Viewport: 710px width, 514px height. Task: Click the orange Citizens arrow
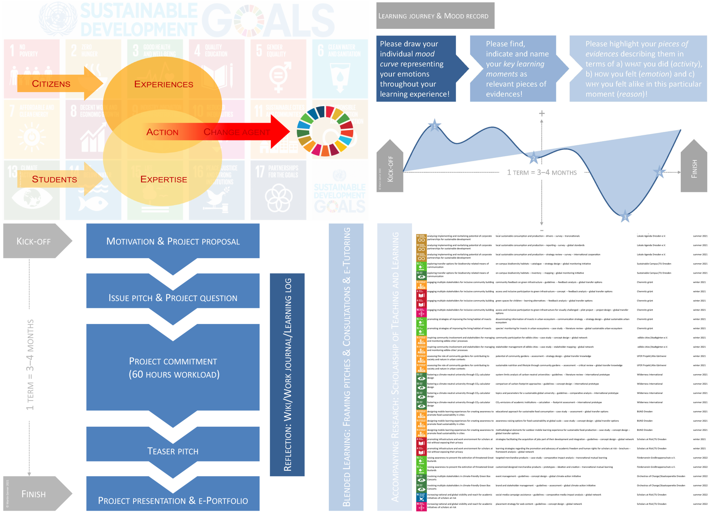[x=52, y=84]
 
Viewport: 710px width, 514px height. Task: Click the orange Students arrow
[x=55, y=179]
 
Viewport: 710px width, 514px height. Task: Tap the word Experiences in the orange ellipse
[x=163, y=84]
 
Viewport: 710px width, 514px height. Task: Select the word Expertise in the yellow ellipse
[x=163, y=179]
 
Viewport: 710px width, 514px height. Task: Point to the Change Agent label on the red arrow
[x=237, y=132]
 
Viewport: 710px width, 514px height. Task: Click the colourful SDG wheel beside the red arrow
[x=325, y=131]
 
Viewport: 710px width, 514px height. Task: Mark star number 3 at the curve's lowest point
[x=625, y=216]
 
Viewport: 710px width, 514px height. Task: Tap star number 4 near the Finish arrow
[x=659, y=172]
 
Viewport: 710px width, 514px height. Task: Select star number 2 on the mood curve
[x=534, y=158]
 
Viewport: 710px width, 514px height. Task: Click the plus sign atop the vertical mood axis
[x=542, y=114]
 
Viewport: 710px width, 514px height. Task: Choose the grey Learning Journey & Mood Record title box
[x=435, y=16]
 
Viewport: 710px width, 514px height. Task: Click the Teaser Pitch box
[x=173, y=451]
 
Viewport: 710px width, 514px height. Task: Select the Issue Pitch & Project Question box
[x=173, y=298]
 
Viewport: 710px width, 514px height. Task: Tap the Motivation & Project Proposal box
[x=173, y=241]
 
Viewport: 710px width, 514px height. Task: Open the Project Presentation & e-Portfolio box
[x=173, y=500]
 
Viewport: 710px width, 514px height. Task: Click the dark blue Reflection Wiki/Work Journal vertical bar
[x=287, y=374]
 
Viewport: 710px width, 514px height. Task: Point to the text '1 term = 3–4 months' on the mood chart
[x=542, y=173]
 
